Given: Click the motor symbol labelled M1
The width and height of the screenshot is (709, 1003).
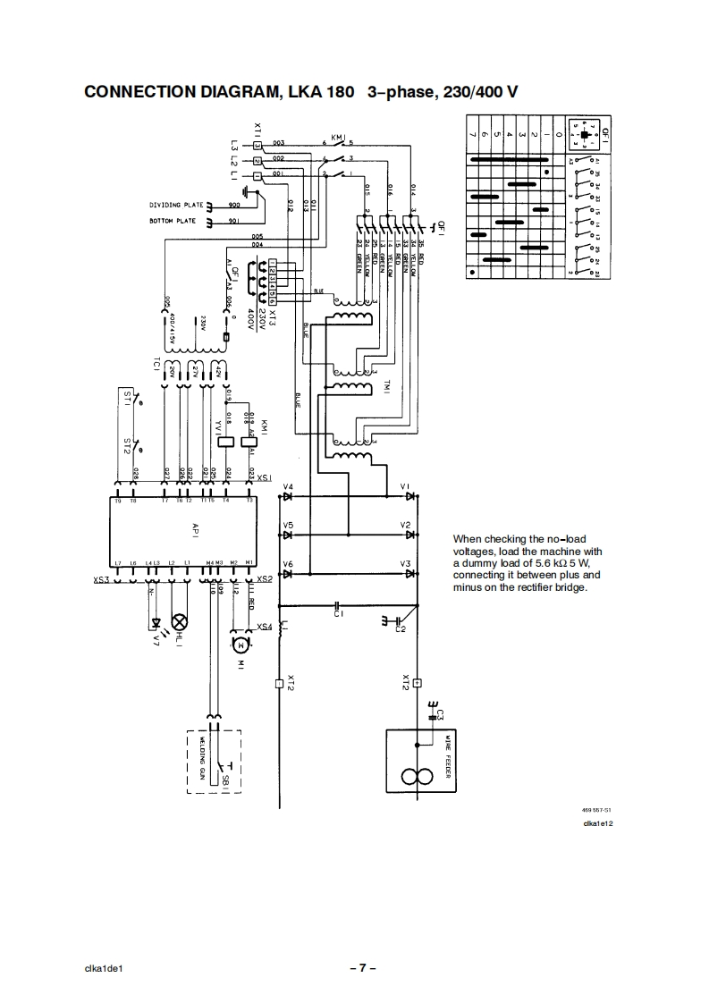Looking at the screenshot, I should pos(240,643).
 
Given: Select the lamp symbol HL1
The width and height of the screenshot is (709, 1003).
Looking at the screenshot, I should pos(179,620).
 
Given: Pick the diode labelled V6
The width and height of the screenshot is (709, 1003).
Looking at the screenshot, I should pos(288,574).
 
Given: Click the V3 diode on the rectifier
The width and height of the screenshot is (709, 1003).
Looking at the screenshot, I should pos(409,574).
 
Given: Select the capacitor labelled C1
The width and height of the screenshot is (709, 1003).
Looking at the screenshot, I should pos(338,605).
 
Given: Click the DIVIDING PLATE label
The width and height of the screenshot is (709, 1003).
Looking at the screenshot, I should pos(177,205).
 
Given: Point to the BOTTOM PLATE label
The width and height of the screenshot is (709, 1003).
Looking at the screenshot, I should pos(173,221).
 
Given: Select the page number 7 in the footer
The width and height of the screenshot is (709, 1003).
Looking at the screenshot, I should pos(362,968).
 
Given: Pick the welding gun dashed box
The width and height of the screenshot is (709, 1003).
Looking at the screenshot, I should pos(214,762).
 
